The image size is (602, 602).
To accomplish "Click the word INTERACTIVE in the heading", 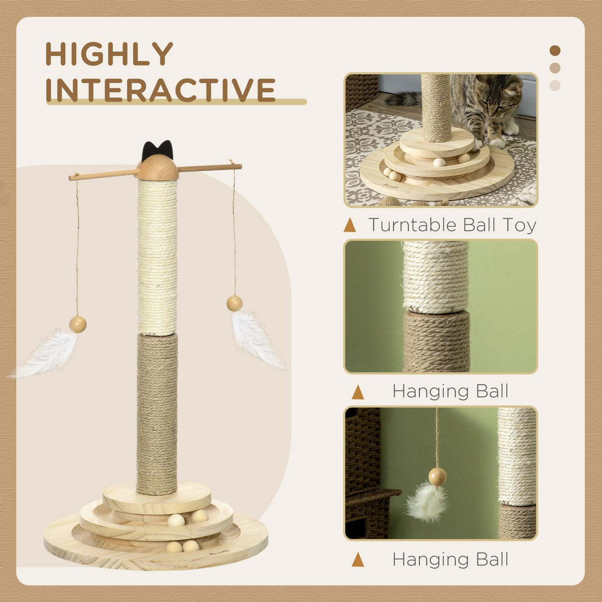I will pyautogui.click(x=160, y=90).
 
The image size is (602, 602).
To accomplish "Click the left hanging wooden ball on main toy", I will pyautogui.click(x=77, y=325).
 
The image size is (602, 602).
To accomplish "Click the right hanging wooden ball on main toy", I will pyautogui.click(x=235, y=303).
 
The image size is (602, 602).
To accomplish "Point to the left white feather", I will pyautogui.click(x=48, y=354).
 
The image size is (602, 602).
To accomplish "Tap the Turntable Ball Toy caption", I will pyautogui.click(x=452, y=225).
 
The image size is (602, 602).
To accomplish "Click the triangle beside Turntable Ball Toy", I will pyautogui.click(x=350, y=226).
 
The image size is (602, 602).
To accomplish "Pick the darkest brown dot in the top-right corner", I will pyautogui.click(x=555, y=51).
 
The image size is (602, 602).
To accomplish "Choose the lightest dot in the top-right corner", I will pyautogui.click(x=555, y=85).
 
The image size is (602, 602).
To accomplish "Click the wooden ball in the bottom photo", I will pyautogui.click(x=437, y=477).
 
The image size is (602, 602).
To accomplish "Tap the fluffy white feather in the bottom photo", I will pyautogui.click(x=427, y=502).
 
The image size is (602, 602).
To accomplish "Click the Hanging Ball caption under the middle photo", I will pyautogui.click(x=450, y=391).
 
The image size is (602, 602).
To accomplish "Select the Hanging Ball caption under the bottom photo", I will pyautogui.click(x=450, y=559).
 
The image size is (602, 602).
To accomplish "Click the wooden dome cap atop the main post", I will pyautogui.click(x=158, y=169).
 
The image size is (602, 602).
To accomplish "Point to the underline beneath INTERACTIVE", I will pyautogui.click(x=176, y=102).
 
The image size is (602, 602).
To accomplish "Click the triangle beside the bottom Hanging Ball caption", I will pyautogui.click(x=358, y=560).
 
